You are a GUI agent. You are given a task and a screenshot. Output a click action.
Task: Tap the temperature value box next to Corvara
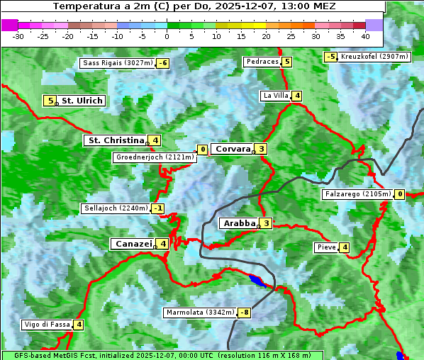coord(262,149)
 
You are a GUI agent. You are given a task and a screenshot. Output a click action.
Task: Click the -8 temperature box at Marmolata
coord(245,313)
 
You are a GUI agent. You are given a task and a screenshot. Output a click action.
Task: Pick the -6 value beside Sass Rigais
coord(163,63)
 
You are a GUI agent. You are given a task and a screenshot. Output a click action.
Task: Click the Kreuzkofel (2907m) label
coord(374,57)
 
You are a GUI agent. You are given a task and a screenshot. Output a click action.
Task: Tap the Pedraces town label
coord(262,62)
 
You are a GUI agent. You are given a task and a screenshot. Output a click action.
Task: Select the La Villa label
coord(275,96)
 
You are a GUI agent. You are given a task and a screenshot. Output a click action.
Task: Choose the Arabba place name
coord(239,223)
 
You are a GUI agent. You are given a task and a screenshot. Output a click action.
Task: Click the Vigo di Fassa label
coord(47,325)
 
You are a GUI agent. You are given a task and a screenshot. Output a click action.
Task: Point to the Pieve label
coord(326,247)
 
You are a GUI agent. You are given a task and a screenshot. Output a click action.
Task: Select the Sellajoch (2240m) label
coord(116,208)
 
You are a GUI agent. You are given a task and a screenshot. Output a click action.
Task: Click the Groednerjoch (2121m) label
coord(154,157)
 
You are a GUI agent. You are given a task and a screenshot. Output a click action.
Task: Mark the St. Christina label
coord(116,140)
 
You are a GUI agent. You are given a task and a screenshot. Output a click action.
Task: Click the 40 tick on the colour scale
coord(364,36)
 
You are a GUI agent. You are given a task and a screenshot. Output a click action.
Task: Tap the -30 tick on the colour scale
coord(18,36)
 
